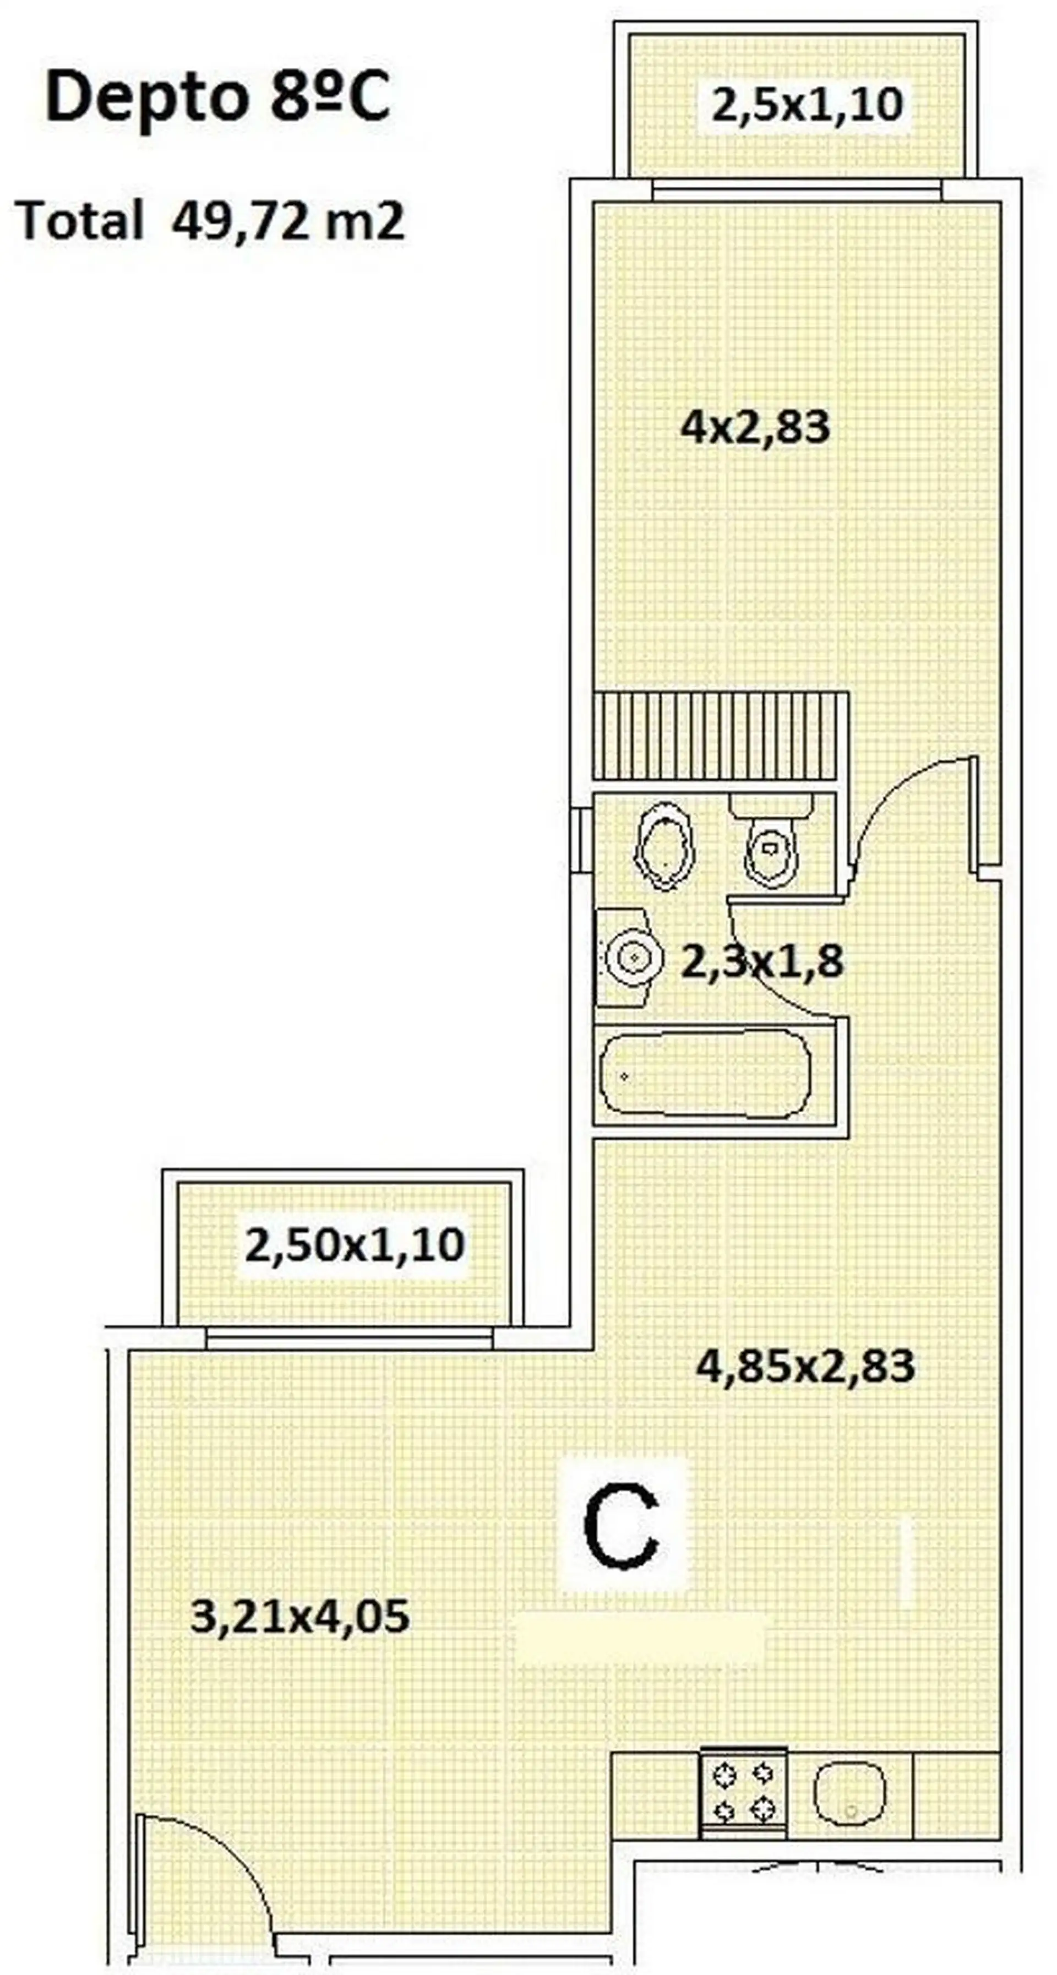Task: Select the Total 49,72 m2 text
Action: [210, 221]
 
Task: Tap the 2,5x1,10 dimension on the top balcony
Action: [807, 105]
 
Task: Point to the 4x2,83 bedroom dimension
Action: [755, 427]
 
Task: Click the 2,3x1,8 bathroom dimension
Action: [762, 961]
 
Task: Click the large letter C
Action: [622, 1526]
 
